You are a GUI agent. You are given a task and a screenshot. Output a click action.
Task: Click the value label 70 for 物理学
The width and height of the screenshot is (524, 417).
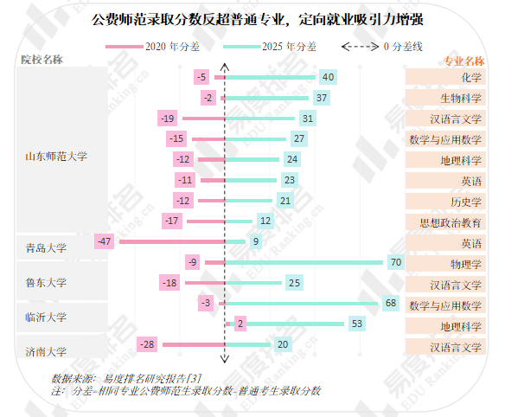coord(397,262)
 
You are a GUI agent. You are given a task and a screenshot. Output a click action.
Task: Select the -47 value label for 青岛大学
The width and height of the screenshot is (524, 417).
coord(106,241)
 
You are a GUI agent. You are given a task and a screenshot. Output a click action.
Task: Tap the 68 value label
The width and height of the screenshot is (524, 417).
coord(390,304)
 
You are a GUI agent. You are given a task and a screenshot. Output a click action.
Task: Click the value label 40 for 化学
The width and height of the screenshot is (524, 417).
coord(328,77)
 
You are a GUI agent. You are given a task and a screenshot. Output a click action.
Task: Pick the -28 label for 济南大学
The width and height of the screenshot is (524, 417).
coord(148,345)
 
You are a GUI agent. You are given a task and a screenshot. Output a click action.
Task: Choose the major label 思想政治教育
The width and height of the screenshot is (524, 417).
coord(445,221)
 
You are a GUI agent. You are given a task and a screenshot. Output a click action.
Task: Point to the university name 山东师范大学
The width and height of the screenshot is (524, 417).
coord(56,157)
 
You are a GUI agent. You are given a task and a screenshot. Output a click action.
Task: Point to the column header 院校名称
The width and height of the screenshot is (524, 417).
coord(47,60)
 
